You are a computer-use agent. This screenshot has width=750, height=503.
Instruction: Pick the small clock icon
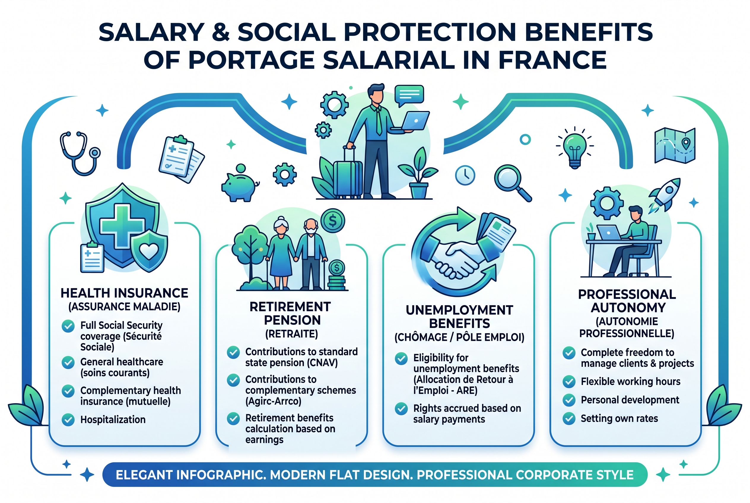click(x=465, y=176)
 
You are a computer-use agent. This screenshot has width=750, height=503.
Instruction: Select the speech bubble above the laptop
click(x=409, y=94)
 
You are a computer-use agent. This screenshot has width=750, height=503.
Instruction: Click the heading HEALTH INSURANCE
click(x=124, y=293)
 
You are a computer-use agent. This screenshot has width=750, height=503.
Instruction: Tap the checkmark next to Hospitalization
click(x=68, y=419)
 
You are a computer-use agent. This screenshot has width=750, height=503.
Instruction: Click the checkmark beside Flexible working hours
click(x=569, y=381)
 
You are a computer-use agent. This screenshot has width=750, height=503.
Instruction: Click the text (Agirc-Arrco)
click(x=273, y=401)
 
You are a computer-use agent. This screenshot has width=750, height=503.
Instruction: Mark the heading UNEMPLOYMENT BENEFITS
click(x=459, y=317)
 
